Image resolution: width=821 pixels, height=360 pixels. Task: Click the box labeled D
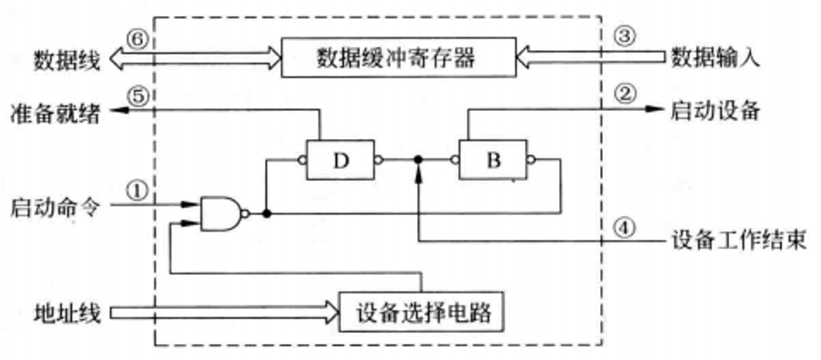tap(340, 159)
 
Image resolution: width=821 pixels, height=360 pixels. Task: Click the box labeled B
tap(493, 159)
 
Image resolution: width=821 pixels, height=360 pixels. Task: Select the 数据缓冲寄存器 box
tap(396, 57)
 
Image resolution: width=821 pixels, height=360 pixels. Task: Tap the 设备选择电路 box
tap(421, 311)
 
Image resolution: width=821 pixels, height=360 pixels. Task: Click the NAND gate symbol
tap(220, 213)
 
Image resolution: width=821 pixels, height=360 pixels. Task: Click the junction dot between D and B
tap(418, 159)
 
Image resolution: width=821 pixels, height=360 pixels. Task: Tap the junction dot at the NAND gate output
tap(266, 214)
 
